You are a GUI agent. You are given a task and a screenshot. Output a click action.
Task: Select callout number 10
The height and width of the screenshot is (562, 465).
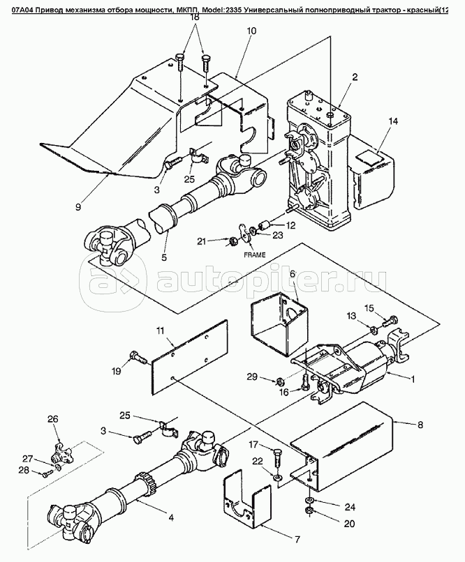251,31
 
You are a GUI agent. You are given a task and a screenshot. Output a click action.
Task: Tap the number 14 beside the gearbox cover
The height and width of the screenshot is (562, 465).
393,121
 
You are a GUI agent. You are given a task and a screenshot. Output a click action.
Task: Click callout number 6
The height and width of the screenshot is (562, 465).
293,274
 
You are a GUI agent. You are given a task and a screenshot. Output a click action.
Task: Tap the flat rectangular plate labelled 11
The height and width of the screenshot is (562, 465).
191,356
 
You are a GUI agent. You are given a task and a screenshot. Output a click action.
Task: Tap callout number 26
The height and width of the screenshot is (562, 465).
52,419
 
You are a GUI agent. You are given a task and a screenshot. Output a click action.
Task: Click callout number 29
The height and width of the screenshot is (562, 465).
271,378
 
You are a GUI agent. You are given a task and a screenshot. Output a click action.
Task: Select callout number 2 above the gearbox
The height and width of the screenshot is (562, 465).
355,77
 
